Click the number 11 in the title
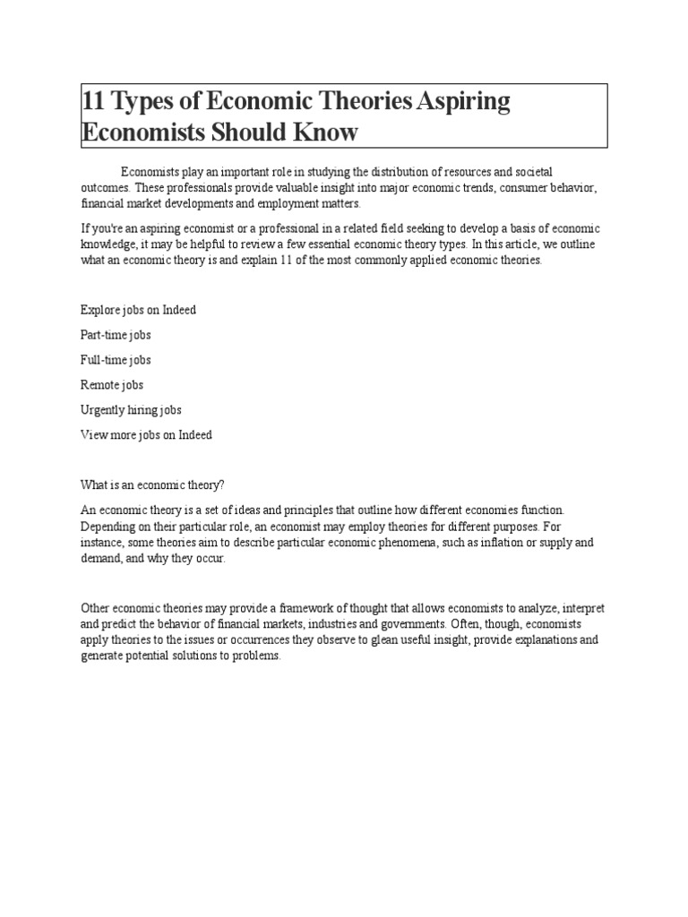click(x=92, y=101)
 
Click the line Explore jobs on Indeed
click(x=138, y=310)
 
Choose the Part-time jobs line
click(x=116, y=335)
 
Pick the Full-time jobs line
click(x=116, y=360)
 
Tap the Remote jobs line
click(x=112, y=385)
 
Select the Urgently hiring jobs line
click(x=131, y=410)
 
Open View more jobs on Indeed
click(x=146, y=435)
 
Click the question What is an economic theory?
click(x=151, y=484)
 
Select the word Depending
click(x=107, y=526)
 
